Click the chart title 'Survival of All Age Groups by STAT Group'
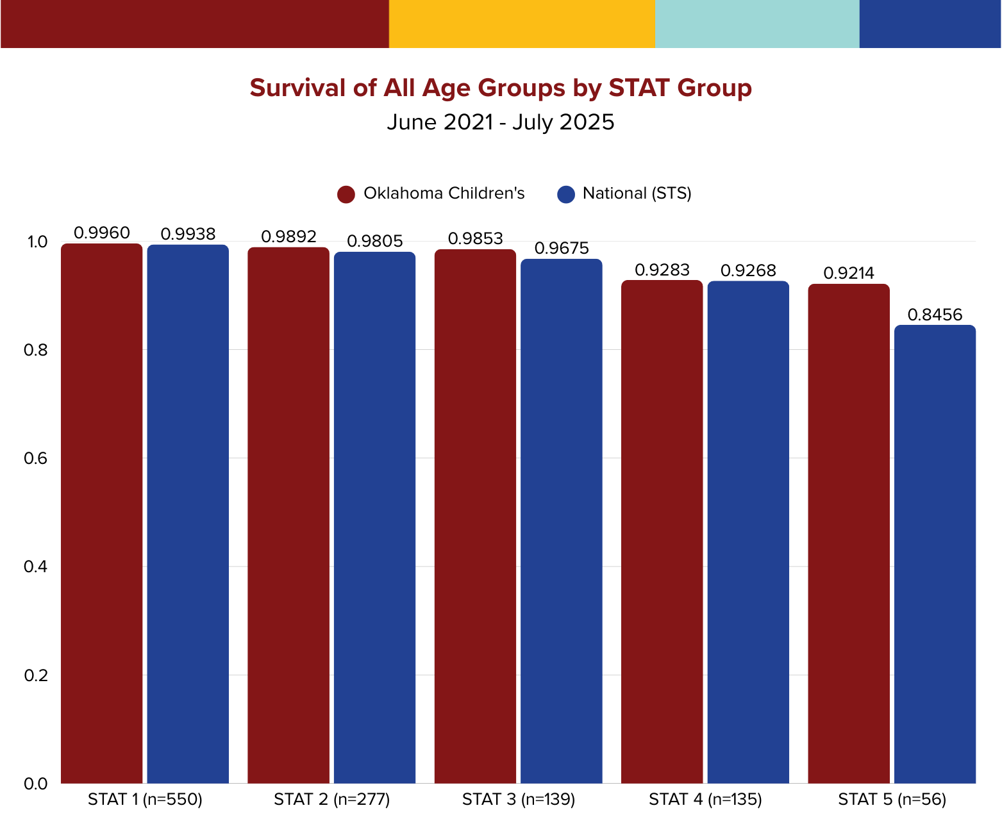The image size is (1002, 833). coord(500,88)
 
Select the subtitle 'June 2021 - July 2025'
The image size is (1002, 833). coord(500,122)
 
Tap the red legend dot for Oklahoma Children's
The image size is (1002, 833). coord(346,194)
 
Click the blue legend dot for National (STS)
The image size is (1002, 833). coord(566,194)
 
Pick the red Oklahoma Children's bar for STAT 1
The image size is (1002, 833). coord(102,513)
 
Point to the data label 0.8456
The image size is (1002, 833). coord(935,315)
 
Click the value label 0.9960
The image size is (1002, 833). coord(102,233)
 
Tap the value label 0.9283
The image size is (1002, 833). coord(662,270)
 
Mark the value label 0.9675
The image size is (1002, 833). coord(562,248)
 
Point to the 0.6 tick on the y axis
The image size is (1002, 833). coord(36,459)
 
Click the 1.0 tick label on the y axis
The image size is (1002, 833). coord(36,242)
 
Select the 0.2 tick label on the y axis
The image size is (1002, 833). coord(36,675)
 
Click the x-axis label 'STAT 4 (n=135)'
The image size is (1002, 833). coord(705,800)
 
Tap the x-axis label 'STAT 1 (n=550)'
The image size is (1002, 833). coord(145,800)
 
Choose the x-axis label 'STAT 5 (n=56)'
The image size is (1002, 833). coord(892,800)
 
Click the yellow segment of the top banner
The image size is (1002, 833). coord(522,24)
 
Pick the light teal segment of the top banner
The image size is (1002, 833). coord(756,24)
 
